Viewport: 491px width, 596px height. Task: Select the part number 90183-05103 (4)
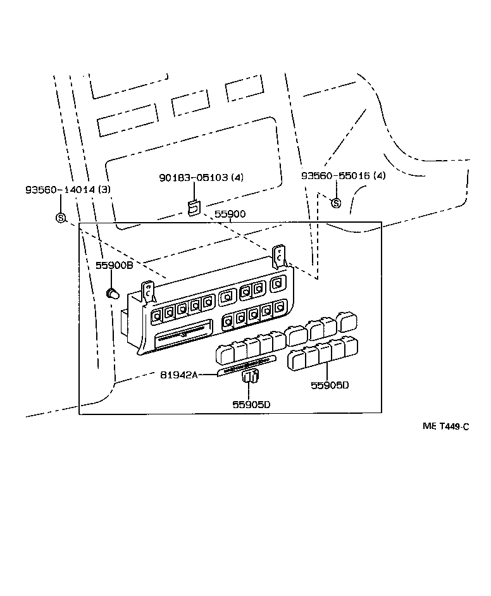[x=201, y=178]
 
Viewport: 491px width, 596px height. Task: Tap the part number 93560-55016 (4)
[x=342, y=176]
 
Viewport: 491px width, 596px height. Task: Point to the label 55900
[x=230, y=215]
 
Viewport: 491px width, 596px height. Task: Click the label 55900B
[x=114, y=266]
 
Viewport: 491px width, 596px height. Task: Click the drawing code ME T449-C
[x=445, y=426]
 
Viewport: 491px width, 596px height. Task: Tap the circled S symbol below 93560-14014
[x=61, y=218]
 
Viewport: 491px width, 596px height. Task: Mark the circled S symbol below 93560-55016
[x=336, y=202]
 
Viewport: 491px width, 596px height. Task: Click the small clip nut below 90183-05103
[x=194, y=208]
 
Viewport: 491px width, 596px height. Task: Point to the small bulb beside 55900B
[x=113, y=293]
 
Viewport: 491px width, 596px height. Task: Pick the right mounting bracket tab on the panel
[x=279, y=256]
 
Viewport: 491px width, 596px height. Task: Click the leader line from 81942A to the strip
[x=208, y=375]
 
